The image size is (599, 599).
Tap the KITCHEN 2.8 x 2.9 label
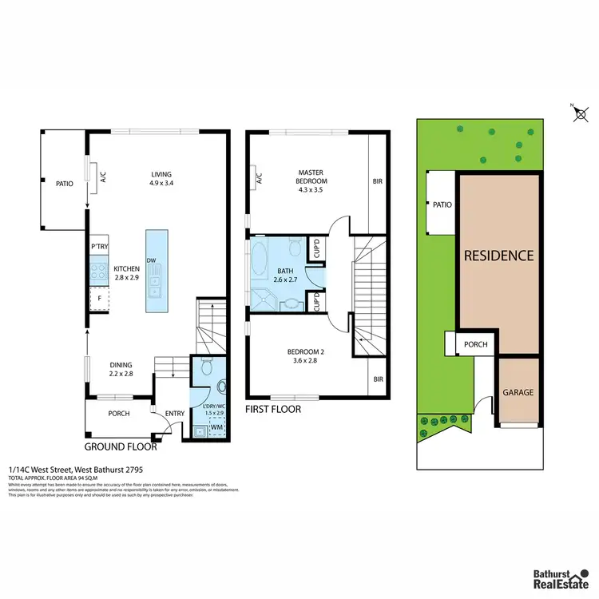(127, 273)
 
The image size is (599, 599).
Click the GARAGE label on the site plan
(518, 392)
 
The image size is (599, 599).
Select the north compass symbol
(581, 113)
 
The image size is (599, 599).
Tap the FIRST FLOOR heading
(274, 409)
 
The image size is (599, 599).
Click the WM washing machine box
(215, 429)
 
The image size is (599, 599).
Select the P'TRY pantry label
(100, 246)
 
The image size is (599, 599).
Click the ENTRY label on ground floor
(174, 413)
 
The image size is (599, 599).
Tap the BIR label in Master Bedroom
(377, 181)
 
